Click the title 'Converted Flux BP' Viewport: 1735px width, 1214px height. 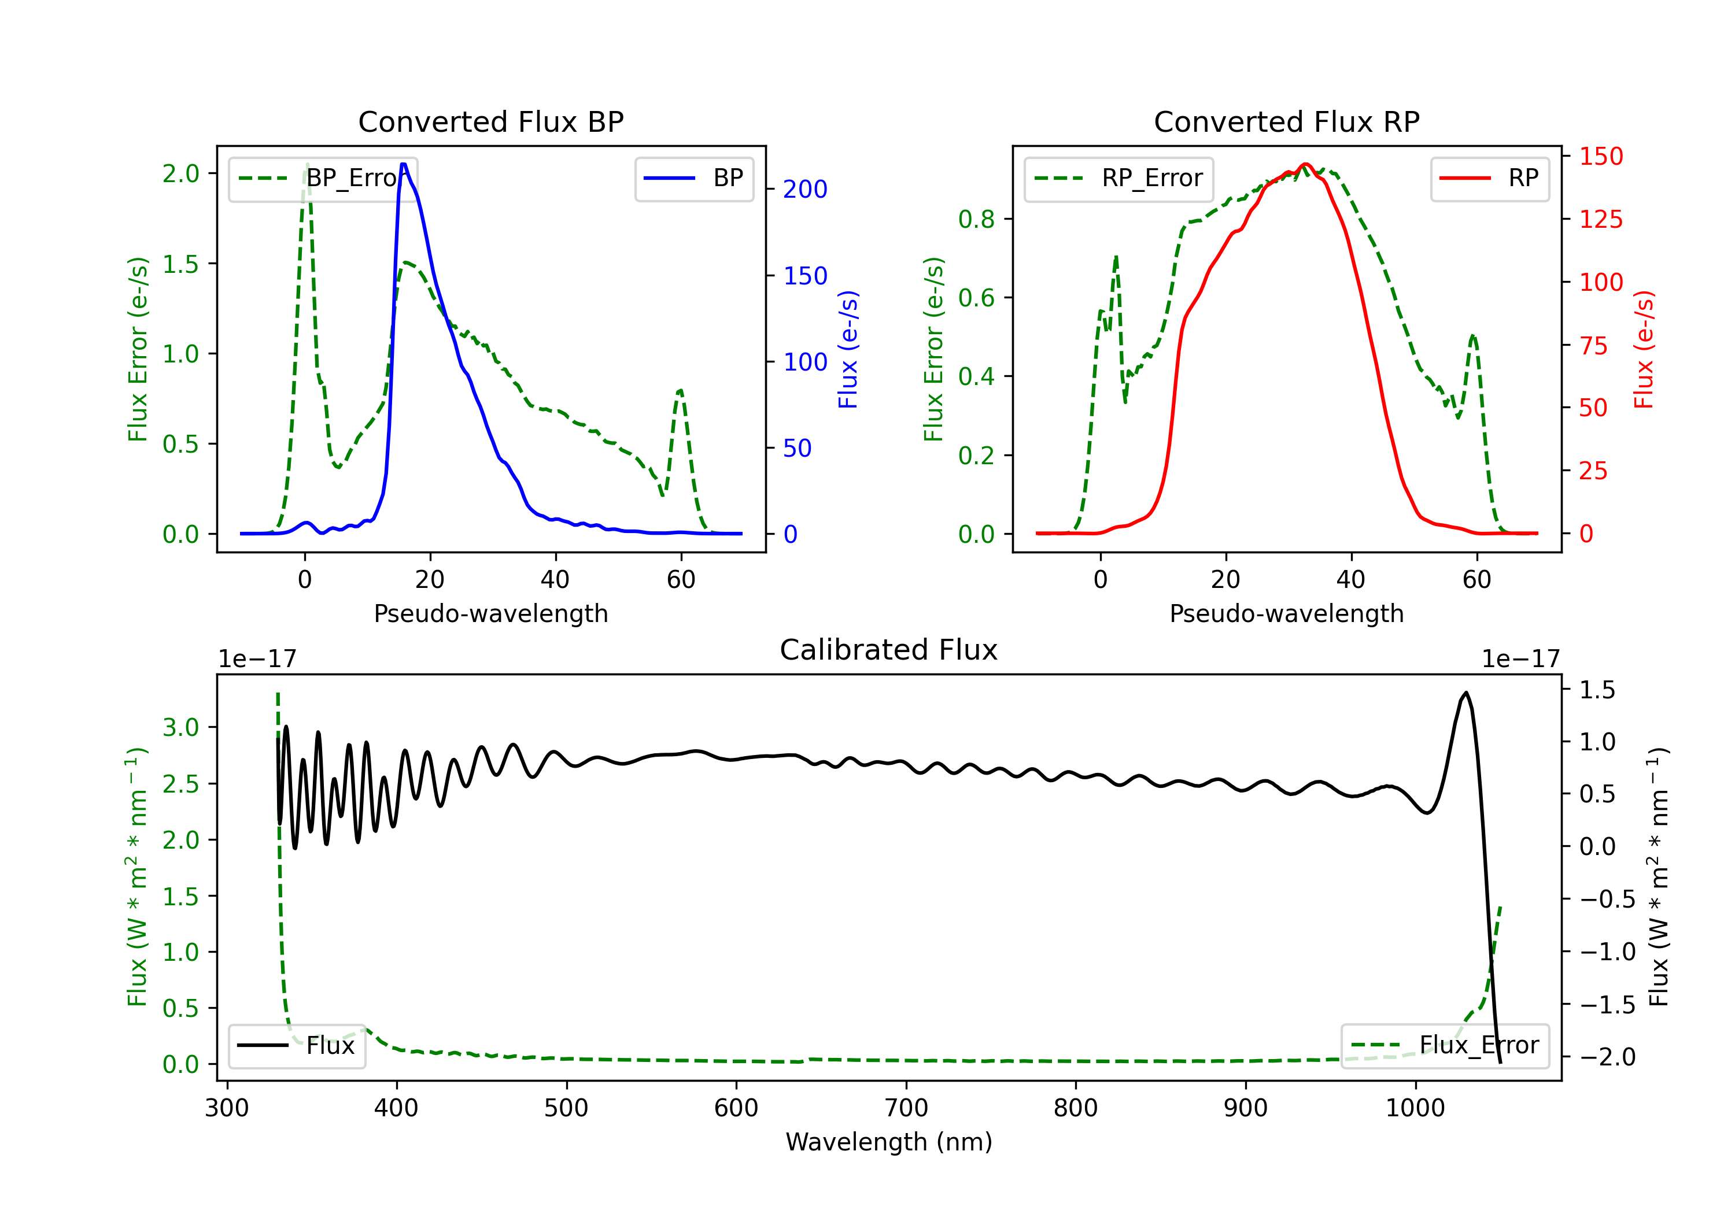point(491,121)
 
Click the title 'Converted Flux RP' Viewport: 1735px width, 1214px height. point(1287,121)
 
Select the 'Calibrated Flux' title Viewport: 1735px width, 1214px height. point(889,650)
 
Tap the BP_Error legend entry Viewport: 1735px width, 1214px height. point(323,178)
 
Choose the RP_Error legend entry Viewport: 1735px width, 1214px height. point(1118,178)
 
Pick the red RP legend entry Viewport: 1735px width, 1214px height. point(1489,178)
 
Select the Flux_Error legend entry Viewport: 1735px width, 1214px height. point(1445,1046)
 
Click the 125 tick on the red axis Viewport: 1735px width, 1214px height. point(1600,219)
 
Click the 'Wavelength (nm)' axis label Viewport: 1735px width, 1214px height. point(889,1142)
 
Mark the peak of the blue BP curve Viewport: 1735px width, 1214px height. point(404,164)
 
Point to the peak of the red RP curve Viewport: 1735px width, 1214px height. point(1305,164)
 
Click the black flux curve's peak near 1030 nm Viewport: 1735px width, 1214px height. point(1466,692)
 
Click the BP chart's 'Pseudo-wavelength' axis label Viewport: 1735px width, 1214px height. point(491,613)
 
